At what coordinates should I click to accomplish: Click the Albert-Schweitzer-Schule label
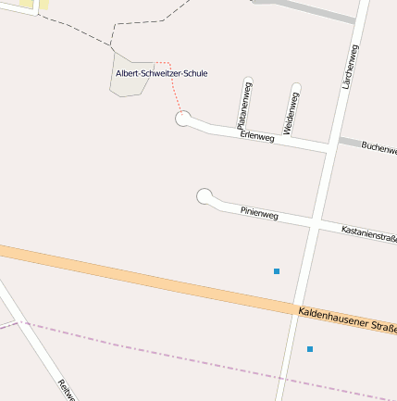pos(161,73)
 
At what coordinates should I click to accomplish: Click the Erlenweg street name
pos(257,136)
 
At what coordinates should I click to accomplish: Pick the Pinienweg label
pos(259,213)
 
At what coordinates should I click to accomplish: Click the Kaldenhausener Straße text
pos(347,320)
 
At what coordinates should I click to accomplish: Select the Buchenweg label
pos(378,147)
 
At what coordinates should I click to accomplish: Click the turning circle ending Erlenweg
pos(183,118)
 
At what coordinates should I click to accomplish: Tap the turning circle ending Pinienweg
pos(205,195)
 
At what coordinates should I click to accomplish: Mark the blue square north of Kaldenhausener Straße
pos(277,271)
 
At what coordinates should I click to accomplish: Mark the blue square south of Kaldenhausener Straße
pos(310,349)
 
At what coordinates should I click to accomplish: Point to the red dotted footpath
pos(172,88)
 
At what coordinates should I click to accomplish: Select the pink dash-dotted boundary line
pos(185,358)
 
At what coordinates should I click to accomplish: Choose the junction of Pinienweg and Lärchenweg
pos(315,225)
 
